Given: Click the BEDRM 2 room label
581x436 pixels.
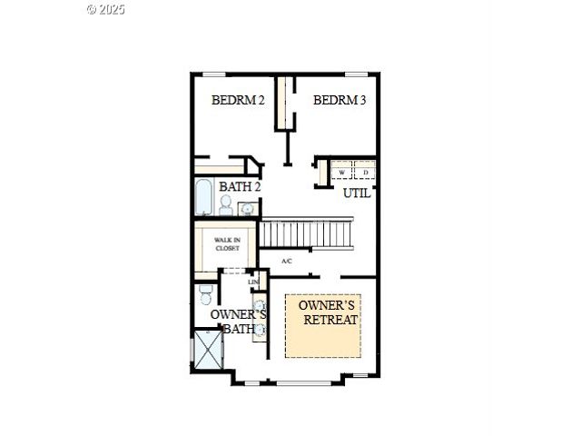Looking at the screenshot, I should tap(238, 100).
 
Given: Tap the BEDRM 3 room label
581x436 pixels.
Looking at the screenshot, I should tap(340, 100).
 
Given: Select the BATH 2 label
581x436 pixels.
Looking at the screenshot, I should tap(240, 187).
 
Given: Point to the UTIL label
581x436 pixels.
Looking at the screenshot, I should tap(356, 193).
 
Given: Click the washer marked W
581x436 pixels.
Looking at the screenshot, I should tap(342, 172).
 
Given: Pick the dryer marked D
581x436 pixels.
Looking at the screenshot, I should tap(366, 172).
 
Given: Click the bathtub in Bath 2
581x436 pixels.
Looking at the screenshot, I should tap(203, 195).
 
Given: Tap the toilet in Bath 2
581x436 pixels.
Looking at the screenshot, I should tap(225, 206).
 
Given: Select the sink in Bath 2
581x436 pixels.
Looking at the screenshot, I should tap(246, 209).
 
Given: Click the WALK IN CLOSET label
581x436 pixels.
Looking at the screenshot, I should tap(226, 244).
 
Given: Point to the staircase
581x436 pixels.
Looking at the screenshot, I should tap(306, 233).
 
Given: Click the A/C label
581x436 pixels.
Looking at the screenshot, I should tap(287, 262).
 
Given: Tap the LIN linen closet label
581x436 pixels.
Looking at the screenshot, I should tap(253, 282).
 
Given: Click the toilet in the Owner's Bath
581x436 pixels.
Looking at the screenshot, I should tap(204, 296).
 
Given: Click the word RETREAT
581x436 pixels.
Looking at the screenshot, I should tap(330, 321).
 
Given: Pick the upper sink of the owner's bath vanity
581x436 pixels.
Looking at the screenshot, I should tap(259, 305).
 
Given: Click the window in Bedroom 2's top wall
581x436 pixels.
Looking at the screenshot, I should tap(214, 74).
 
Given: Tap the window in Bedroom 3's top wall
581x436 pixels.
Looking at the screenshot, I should tap(356, 74).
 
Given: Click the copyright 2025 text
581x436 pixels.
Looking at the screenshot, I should tap(106, 9).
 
